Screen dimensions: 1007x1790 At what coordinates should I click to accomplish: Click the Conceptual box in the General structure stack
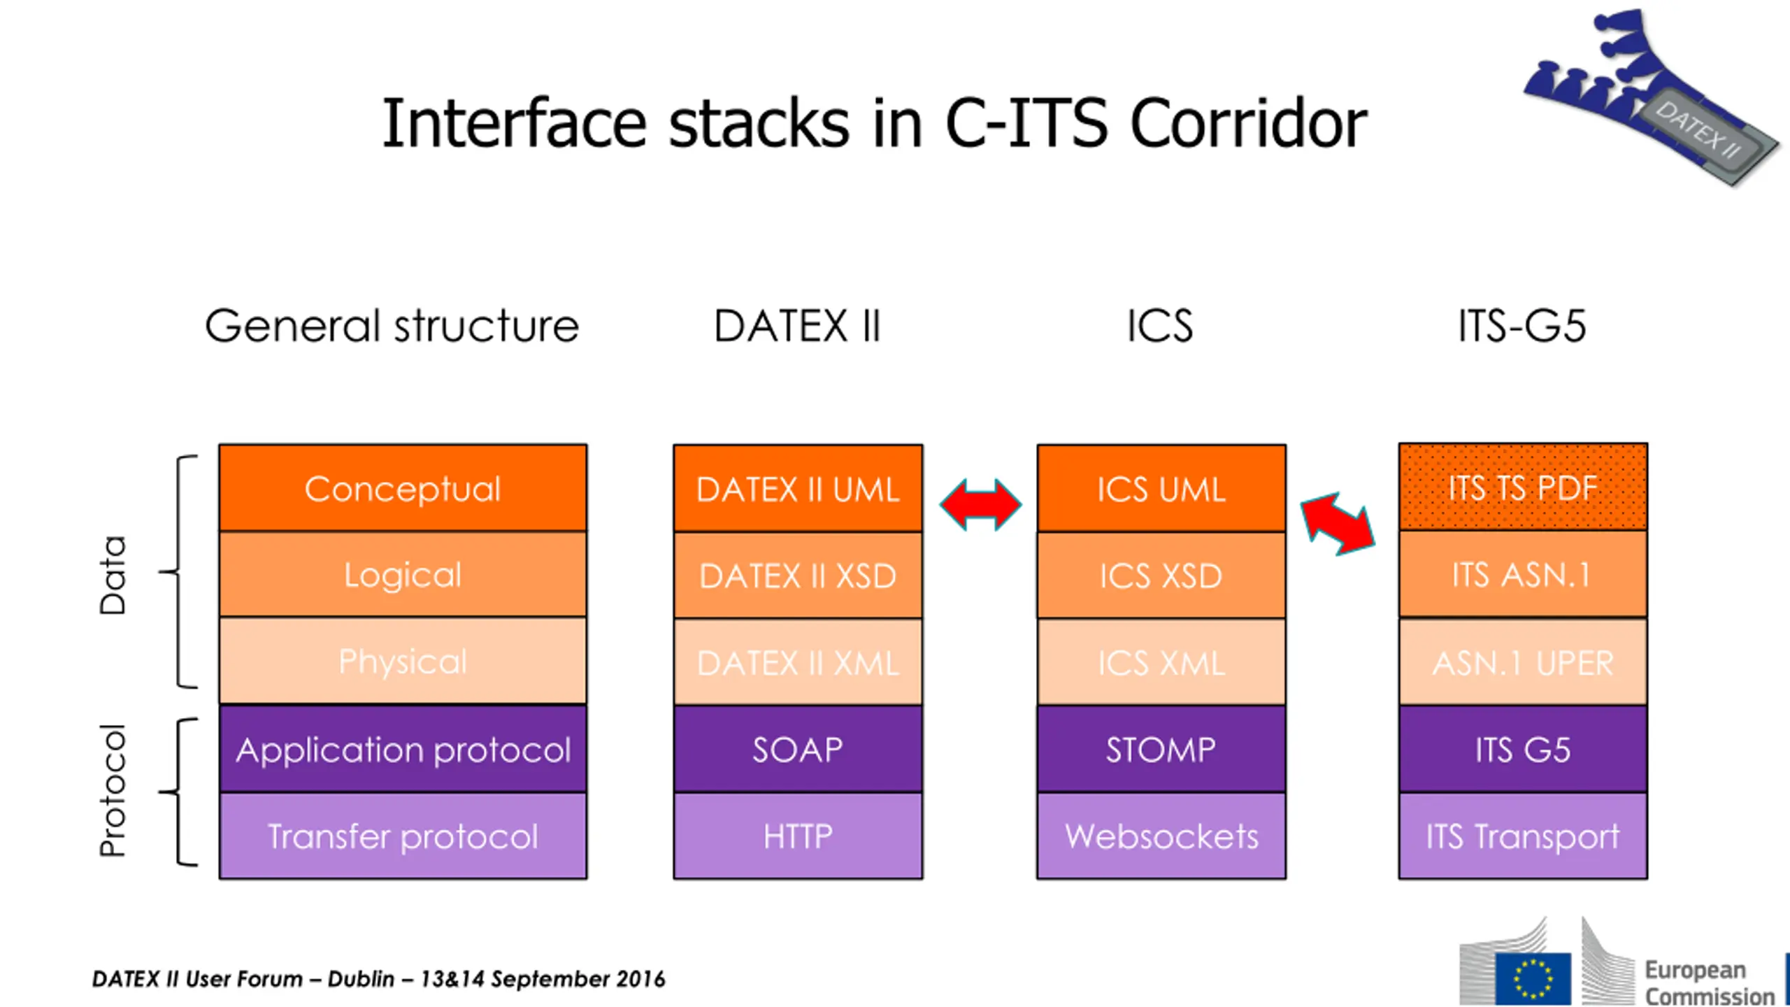[403, 488]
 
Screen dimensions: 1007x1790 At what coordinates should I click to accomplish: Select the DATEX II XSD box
[798, 576]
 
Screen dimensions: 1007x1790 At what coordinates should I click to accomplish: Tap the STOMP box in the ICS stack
[1161, 749]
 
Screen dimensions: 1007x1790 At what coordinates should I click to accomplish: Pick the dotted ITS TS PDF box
[1523, 487]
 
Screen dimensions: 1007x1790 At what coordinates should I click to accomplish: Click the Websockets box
[1161, 836]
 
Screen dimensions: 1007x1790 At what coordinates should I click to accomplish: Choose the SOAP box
[798, 749]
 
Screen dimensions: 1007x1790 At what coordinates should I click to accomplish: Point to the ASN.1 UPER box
[1523, 662]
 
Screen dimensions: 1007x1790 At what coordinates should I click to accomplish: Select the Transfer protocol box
[403, 836]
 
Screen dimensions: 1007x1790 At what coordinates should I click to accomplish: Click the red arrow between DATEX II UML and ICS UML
[980, 504]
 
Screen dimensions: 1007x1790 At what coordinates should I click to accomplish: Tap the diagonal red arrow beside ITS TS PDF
[1338, 524]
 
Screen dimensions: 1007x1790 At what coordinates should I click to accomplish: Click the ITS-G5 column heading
[1521, 326]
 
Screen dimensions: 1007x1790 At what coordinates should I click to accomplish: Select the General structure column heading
[392, 326]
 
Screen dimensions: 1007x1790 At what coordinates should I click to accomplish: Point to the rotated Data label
[113, 575]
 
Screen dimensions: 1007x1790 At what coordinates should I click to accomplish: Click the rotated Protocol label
[113, 790]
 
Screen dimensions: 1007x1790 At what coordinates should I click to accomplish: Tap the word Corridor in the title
[1248, 124]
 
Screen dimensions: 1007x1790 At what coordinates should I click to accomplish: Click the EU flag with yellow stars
[1533, 978]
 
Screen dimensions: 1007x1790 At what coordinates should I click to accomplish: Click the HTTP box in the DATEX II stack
[798, 836]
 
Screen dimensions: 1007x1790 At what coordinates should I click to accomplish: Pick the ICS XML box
[1161, 662]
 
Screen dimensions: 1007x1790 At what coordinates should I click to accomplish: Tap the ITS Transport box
[1523, 836]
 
